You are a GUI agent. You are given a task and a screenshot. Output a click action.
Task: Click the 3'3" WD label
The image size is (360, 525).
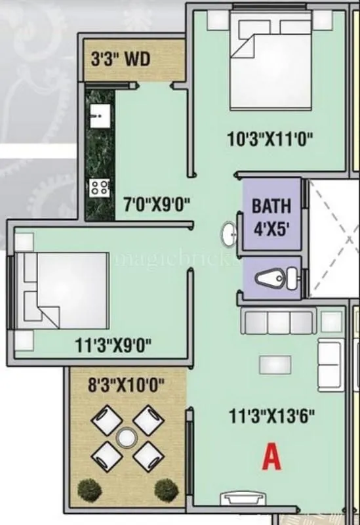click(x=121, y=60)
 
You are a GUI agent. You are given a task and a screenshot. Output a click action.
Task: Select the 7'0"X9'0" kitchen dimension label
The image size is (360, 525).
click(x=157, y=205)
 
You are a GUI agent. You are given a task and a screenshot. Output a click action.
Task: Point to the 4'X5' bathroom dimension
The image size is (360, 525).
click(x=271, y=231)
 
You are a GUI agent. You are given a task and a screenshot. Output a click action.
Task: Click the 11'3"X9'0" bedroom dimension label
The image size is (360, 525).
click(x=113, y=345)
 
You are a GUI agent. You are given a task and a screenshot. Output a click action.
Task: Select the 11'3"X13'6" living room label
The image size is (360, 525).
click(x=273, y=415)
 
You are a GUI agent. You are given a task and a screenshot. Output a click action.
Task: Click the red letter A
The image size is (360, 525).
click(x=271, y=457)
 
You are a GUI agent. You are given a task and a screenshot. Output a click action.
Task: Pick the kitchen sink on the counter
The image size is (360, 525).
click(x=100, y=117)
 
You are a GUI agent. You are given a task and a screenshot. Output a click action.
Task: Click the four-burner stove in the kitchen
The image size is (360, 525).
click(x=100, y=188)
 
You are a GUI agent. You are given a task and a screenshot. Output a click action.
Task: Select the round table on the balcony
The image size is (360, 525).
click(x=125, y=436)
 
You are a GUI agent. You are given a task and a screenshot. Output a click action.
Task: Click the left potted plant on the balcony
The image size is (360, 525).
click(x=87, y=489)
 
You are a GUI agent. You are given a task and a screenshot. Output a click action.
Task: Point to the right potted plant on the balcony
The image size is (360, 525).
click(x=166, y=488)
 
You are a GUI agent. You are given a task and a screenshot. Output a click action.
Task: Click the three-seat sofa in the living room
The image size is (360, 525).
click(x=279, y=322)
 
